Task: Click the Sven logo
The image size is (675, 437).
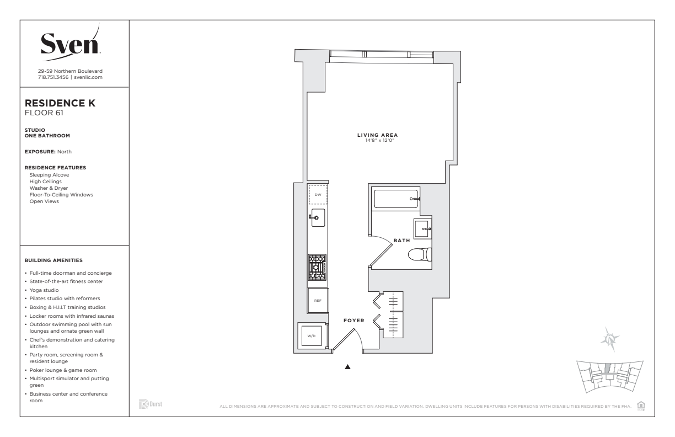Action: pyautogui.click(x=70, y=43)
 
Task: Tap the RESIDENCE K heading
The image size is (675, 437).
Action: pyautogui.click(x=60, y=103)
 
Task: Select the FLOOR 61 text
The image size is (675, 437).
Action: pyautogui.click(x=44, y=113)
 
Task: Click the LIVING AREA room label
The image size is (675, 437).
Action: pyautogui.click(x=378, y=135)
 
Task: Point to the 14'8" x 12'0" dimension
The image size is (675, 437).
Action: pyautogui.click(x=379, y=140)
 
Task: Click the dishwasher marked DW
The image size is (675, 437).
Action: pyautogui.click(x=318, y=195)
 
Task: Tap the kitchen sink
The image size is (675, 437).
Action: pyautogui.click(x=318, y=217)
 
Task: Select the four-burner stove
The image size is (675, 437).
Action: pyautogui.click(x=317, y=268)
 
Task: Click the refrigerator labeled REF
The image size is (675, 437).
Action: pyautogui.click(x=318, y=300)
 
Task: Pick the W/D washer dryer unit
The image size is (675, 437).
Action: pyautogui.click(x=312, y=335)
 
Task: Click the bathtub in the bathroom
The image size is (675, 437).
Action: pyautogui.click(x=395, y=199)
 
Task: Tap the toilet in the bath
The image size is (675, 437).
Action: pyautogui.click(x=420, y=254)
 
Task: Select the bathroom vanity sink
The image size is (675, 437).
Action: pyautogui.click(x=422, y=228)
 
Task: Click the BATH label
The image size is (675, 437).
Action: pyautogui.click(x=401, y=241)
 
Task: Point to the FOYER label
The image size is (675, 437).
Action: pyautogui.click(x=354, y=320)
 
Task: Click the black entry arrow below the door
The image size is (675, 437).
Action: pyautogui.click(x=348, y=367)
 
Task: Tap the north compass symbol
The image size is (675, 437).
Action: pyautogui.click(x=610, y=339)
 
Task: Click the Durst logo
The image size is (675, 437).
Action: pyautogui.click(x=151, y=404)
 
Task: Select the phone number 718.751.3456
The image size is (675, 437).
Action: pyautogui.click(x=53, y=77)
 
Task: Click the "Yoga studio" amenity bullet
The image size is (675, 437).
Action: pyautogui.click(x=44, y=290)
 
